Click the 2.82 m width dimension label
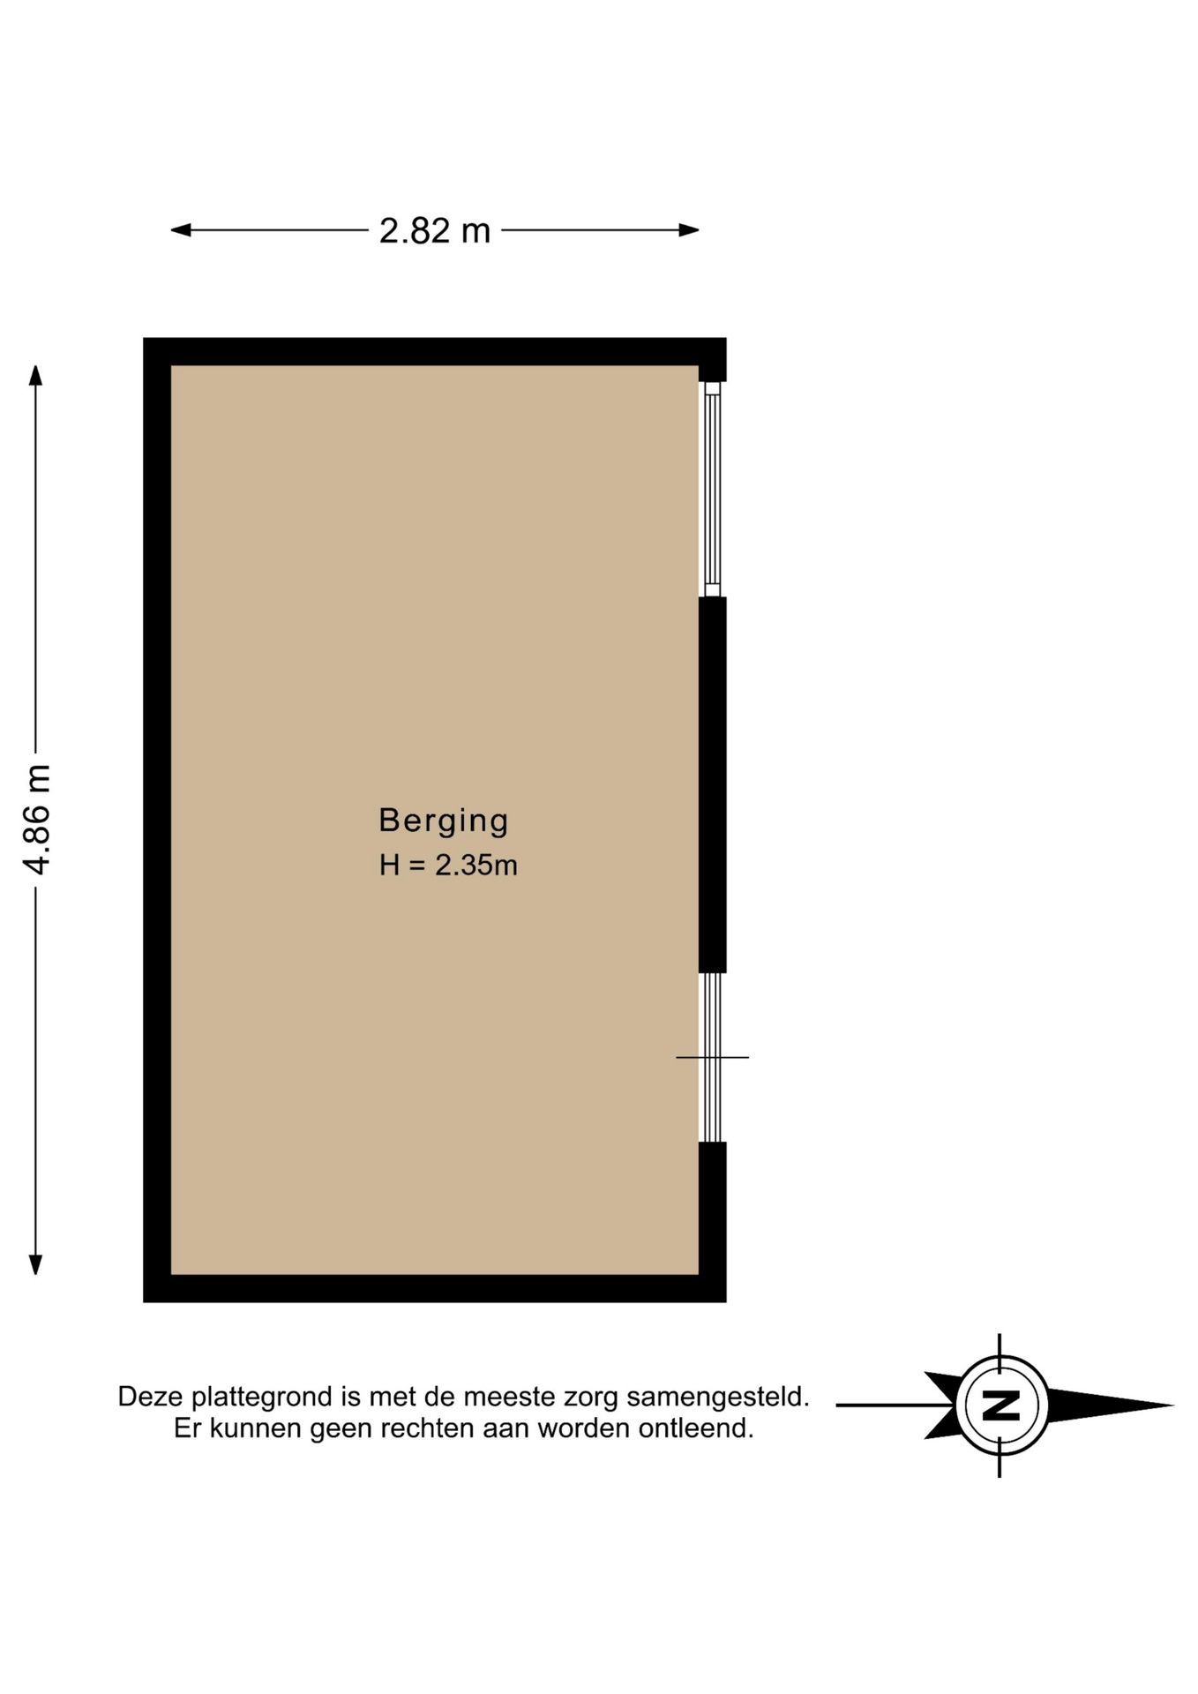tap(434, 231)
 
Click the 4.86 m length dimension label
tap(37, 820)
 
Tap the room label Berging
tap(444, 821)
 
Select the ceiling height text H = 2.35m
tap(448, 866)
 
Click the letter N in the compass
tap(1001, 1405)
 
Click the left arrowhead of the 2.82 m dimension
tap(181, 230)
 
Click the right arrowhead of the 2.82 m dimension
tap(689, 230)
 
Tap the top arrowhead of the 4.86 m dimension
tap(35, 375)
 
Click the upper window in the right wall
tap(712, 490)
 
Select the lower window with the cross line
tap(712, 1057)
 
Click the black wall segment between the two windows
tap(713, 784)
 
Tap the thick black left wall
tap(157, 820)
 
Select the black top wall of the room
tap(435, 351)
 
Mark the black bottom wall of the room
tap(435, 1288)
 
